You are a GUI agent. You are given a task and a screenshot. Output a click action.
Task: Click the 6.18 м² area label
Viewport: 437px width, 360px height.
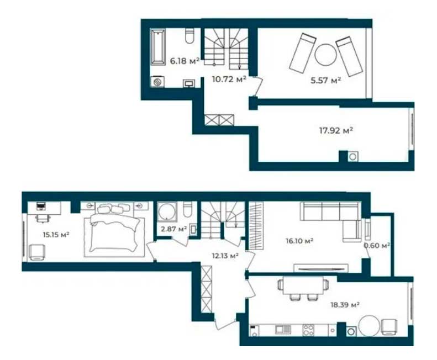185,61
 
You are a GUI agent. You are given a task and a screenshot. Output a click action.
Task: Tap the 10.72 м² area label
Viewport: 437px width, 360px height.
229,79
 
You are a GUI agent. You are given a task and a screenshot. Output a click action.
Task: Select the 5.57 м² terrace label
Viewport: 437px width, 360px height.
326,81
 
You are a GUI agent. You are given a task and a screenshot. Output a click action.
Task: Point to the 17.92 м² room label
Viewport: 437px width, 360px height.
336,130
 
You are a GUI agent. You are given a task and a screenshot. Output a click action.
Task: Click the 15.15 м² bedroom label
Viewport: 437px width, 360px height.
56,235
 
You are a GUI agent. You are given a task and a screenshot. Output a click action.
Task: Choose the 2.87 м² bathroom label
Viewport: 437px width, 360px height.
173,229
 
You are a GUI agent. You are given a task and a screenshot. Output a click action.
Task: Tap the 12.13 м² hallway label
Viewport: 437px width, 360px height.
225,255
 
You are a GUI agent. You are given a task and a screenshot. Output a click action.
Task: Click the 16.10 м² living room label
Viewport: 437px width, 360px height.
299,241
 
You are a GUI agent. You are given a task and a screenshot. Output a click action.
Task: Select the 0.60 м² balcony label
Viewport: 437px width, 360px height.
377,246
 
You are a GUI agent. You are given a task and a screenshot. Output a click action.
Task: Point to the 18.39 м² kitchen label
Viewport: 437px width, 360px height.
345,305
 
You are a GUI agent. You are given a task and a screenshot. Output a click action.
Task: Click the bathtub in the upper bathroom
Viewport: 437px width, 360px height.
158,47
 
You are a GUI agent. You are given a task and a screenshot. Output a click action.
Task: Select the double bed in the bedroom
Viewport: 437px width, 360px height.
114,230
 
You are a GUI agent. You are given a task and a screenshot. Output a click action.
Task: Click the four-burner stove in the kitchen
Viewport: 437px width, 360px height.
308,330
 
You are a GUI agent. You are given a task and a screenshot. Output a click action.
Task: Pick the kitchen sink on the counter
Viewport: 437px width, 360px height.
283,330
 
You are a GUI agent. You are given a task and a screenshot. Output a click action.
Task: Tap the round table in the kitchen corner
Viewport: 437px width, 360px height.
369,326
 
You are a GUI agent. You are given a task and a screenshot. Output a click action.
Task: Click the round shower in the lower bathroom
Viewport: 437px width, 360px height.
167,212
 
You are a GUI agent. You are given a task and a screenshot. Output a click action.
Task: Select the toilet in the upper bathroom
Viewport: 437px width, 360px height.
190,36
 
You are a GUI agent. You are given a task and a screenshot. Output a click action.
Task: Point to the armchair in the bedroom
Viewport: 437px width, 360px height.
38,252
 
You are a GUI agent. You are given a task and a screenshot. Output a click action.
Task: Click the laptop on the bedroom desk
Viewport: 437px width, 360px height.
41,207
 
